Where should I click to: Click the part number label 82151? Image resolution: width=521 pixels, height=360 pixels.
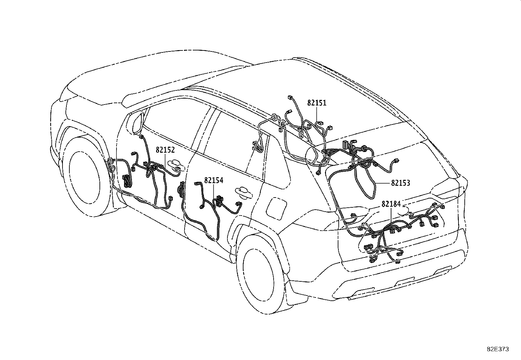pos(317,103)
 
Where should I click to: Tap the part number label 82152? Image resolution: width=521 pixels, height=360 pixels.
pos(165,150)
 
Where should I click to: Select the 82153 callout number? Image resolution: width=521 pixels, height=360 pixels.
pos(401,183)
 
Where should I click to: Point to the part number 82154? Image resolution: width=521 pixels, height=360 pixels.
pos(214,180)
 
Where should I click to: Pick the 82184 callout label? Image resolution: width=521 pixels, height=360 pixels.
pos(391,204)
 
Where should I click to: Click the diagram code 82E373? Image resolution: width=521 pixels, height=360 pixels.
pos(498,349)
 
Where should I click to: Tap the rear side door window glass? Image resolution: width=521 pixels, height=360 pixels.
pos(235,142)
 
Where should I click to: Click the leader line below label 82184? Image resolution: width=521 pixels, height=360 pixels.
pos(391,216)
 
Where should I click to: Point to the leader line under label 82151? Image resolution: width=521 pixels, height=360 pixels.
pos(317,114)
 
